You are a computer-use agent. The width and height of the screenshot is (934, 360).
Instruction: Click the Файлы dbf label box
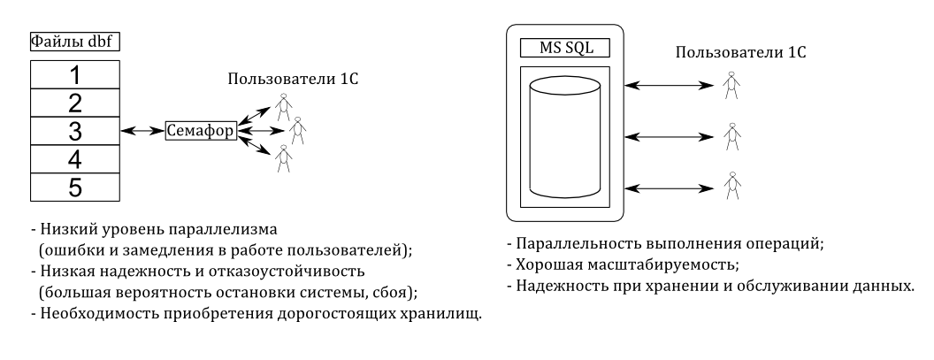(x=75, y=42)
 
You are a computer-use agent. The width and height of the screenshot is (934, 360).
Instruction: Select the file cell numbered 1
(x=75, y=74)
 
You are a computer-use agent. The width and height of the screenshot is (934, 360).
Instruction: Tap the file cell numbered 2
(x=75, y=103)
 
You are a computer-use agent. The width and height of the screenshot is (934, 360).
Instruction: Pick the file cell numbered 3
(x=75, y=131)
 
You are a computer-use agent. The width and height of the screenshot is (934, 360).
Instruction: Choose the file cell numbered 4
(x=75, y=159)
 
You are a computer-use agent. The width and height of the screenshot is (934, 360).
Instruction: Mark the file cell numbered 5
(x=75, y=188)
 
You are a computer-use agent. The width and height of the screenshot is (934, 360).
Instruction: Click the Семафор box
(x=201, y=131)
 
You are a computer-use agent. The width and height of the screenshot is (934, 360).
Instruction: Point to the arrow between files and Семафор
(x=142, y=131)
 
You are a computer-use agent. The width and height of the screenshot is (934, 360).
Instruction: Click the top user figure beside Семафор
(x=284, y=107)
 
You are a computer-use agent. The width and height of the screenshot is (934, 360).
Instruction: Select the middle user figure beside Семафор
(x=297, y=131)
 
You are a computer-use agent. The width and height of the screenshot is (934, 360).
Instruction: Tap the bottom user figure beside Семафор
(x=284, y=158)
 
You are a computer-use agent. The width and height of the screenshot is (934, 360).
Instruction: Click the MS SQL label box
(x=565, y=48)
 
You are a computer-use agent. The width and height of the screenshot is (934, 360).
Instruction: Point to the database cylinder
(x=564, y=137)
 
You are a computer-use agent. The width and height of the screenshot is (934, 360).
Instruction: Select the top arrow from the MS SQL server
(x=670, y=86)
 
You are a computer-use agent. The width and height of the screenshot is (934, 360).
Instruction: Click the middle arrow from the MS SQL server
(x=670, y=137)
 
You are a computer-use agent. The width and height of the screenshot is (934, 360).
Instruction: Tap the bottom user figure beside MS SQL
(x=731, y=186)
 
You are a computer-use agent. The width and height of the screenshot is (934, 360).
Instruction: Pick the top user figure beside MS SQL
(x=731, y=86)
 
